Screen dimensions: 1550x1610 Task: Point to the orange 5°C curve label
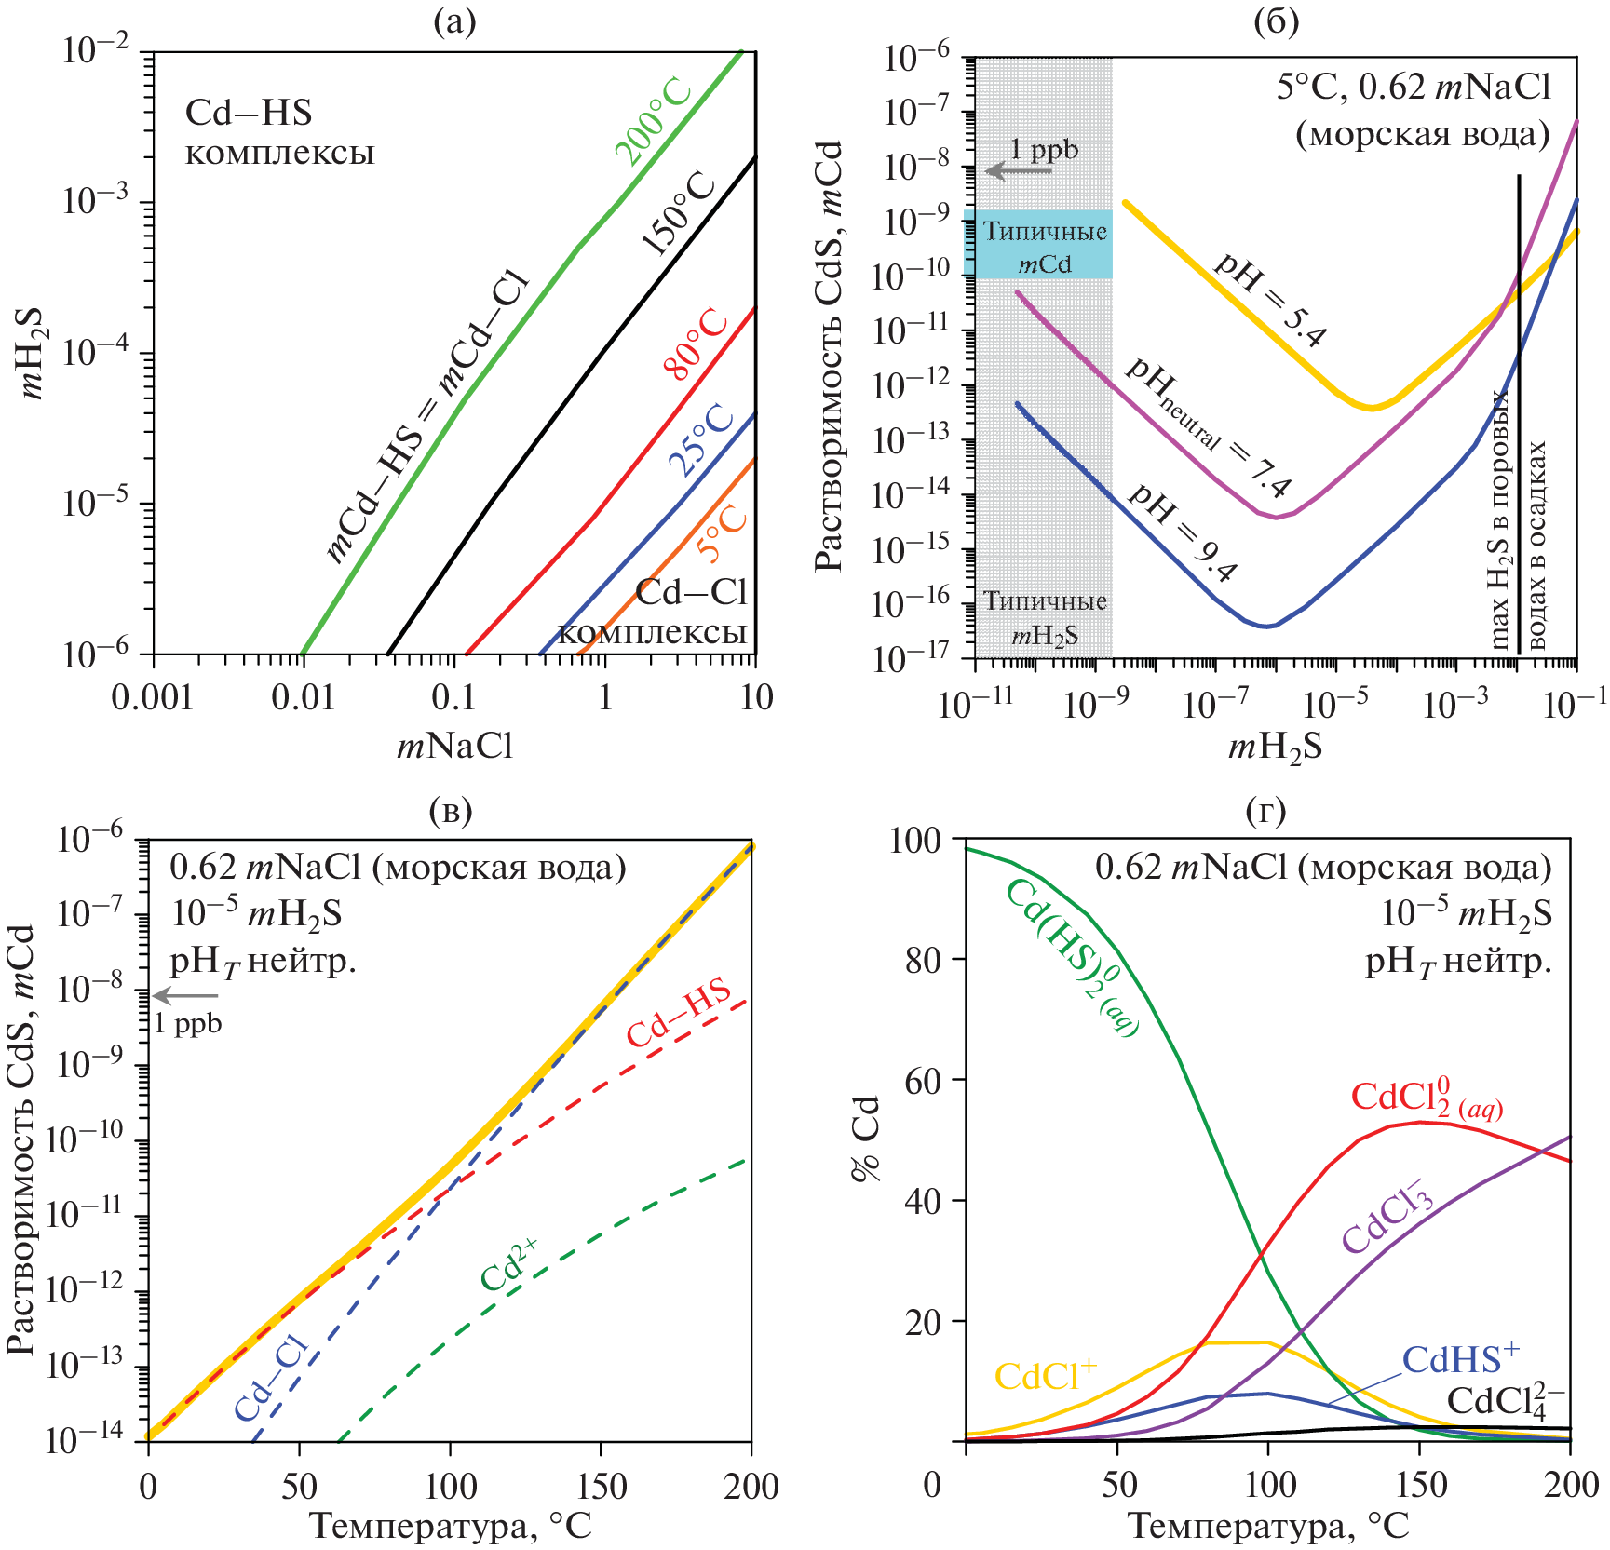(724, 533)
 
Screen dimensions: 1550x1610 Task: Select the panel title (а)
(454, 20)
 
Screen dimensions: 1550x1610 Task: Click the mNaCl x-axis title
(454, 746)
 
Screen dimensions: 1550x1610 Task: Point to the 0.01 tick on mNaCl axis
(304, 697)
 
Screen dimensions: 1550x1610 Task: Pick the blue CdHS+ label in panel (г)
(1460, 1360)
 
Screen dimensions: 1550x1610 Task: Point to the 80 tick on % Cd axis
(925, 961)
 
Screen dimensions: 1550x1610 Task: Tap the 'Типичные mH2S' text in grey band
(1045, 617)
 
